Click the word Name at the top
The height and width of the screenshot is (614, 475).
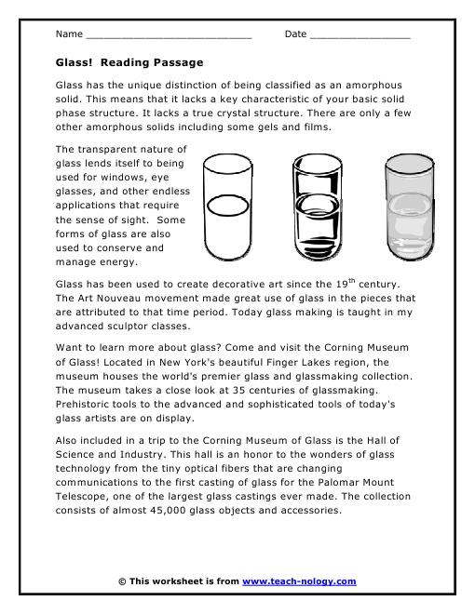point(68,34)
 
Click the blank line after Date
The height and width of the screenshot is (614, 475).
point(360,35)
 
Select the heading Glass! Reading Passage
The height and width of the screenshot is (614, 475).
point(129,62)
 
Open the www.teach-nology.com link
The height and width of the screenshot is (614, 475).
point(299,581)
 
